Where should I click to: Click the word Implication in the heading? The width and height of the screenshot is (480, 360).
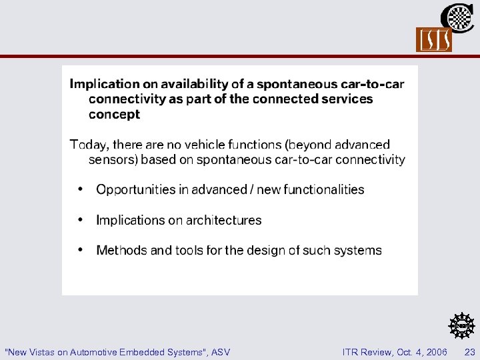(104, 84)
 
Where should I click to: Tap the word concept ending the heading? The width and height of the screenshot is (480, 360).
(114, 114)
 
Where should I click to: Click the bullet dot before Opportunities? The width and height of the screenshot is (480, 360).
(81, 189)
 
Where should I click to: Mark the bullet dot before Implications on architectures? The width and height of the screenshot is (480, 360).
(81, 219)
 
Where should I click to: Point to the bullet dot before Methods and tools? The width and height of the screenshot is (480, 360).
(81, 249)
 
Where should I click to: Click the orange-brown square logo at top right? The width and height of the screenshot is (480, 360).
(434, 40)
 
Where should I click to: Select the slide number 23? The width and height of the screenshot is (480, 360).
(470, 351)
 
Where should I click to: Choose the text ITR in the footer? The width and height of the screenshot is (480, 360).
(351, 351)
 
